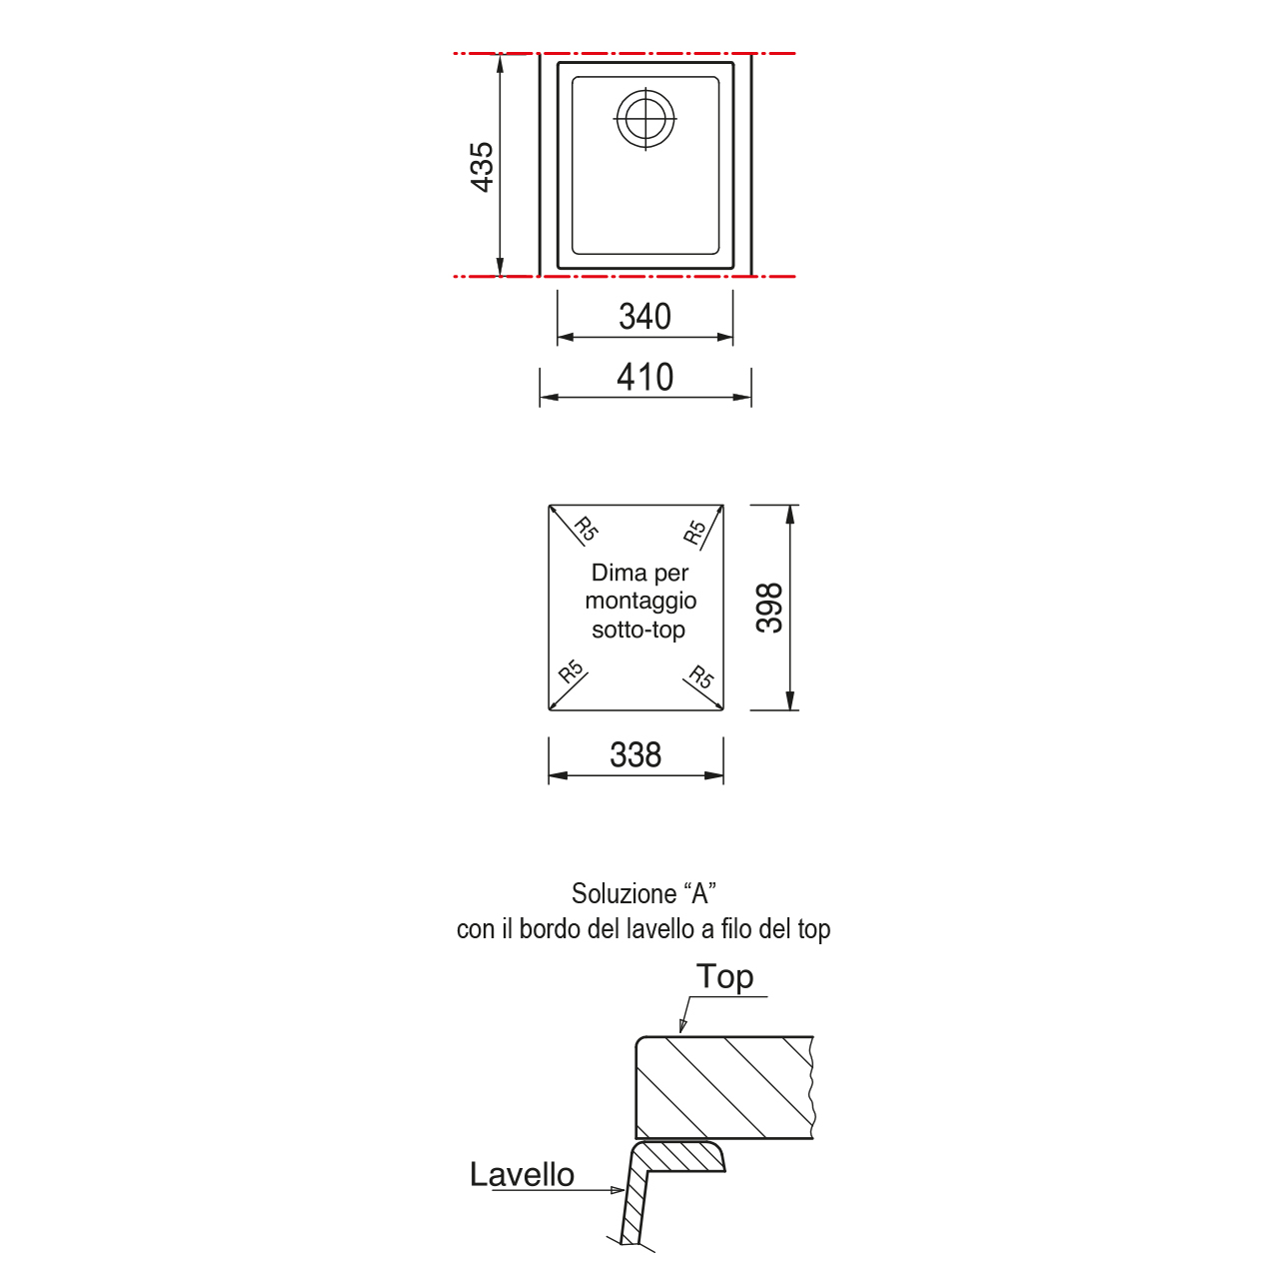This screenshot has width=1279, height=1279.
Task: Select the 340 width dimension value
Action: pos(644,317)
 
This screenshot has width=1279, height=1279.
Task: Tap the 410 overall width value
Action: pos(644,378)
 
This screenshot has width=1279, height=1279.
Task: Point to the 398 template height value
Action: pos(770,608)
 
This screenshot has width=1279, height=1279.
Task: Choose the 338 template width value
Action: pos(636,755)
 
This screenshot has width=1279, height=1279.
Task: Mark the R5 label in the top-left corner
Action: pos(587,529)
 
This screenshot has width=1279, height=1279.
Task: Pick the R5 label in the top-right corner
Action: pos(694,532)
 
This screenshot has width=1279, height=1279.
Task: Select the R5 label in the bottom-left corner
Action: pos(571,671)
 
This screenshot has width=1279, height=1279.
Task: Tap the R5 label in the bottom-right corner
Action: pos(700,676)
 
